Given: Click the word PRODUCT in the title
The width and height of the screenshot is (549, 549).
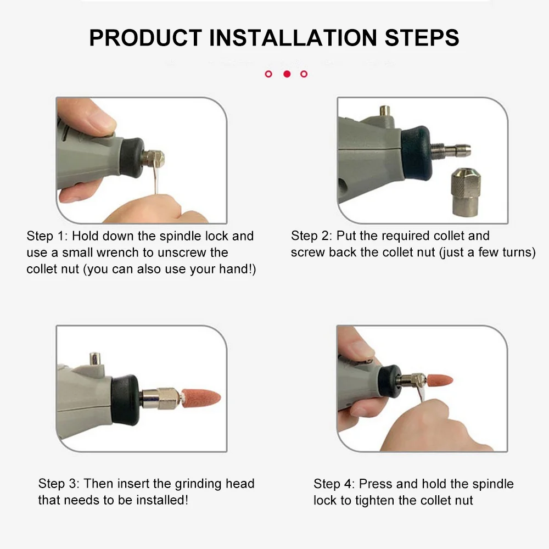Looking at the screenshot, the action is point(145,38).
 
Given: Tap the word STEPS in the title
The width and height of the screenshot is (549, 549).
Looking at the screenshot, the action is point(422,38).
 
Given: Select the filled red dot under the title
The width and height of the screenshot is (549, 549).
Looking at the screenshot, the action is point(287,74).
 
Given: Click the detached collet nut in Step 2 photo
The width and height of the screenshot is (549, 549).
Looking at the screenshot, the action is point(466,191).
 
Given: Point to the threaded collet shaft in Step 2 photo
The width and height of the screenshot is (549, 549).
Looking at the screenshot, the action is point(450,150).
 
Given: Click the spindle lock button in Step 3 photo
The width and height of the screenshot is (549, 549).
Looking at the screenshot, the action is point(95,358).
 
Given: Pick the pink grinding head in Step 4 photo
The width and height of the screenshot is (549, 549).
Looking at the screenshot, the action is point(439,380).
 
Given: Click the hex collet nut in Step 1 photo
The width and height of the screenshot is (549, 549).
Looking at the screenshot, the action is point(154,159).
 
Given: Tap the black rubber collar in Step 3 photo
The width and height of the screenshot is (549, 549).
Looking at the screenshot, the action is point(125,400).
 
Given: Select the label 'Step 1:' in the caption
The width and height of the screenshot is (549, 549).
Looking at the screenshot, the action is point(47,236).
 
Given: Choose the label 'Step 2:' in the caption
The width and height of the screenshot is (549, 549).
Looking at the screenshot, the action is point(311,236).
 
